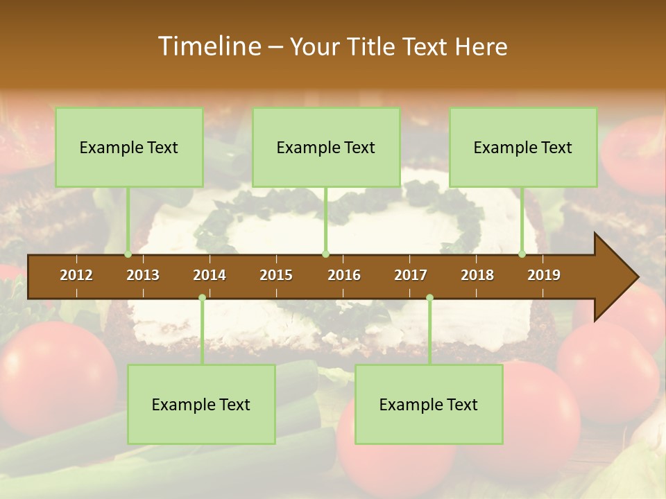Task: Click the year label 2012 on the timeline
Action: click(x=76, y=275)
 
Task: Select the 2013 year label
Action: click(x=143, y=275)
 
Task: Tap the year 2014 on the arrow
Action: click(x=210, y=275)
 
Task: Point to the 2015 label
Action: click(x=276, y=275)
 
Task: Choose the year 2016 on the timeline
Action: click(x=344, y=275)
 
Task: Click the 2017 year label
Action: click(x=411, y=275)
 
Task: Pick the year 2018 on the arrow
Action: click(x=477, y=275)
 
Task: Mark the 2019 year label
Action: click(x=544, y=275)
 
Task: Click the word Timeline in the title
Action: click(x=209, y=46)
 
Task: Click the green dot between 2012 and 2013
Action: click(x=128, y=254)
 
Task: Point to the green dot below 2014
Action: click(x=202, y=298)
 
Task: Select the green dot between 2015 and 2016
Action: click(x=325, y=254)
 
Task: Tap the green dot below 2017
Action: click(x=429, y=298)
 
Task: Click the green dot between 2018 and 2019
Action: click(x=522, y=254)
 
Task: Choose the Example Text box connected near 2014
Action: click(x=201, y=405)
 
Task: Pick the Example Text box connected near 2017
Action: click(x=429, y=405)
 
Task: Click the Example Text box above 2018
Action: click(x=523, y=148)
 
